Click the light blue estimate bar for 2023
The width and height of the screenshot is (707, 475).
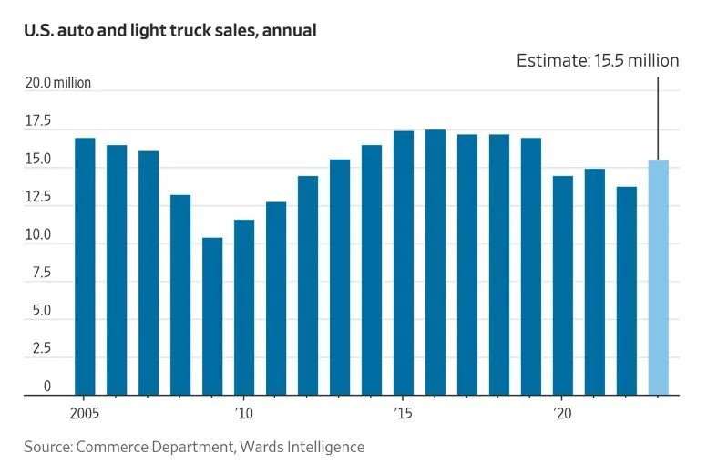658,277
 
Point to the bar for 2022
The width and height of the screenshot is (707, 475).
627,291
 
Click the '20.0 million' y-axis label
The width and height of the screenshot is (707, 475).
57,84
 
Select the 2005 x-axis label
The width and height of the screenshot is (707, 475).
85,412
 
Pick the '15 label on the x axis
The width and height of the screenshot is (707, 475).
403,412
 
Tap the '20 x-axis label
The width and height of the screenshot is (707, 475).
562,412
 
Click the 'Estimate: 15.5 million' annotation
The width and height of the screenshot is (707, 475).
598,61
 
